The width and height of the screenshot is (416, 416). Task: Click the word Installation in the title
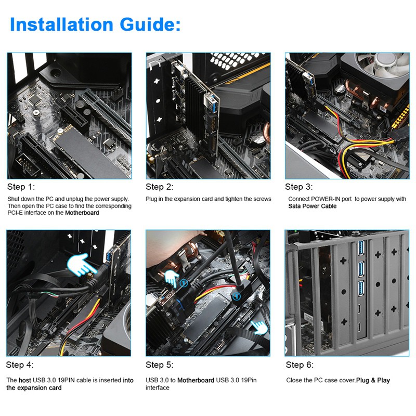[x=61, y=24]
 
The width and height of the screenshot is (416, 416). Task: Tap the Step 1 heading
[x=21, y=187]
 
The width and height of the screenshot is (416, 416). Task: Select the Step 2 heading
[x=160, y=187]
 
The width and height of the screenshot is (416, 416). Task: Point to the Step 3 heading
[x=298, y=187]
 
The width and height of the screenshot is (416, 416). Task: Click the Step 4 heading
[x=20, y=365]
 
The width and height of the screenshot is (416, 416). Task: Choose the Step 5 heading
[x=160, y=365]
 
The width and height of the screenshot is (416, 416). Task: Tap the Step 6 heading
[x=300, y=365]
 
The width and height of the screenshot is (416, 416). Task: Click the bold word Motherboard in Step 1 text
[x=82, y=213]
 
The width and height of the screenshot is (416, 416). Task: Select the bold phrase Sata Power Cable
[x=313, y=206]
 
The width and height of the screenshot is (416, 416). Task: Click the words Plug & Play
[x=373, y=380]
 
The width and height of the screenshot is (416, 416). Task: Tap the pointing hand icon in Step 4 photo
[x=80, y=265]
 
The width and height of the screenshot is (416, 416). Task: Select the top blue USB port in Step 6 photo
[x=361, y=248]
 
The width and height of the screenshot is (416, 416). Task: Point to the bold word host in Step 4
[x=24, y=380]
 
